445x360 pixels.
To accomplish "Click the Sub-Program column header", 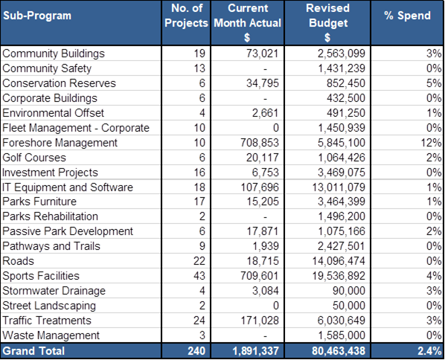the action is (37, 16).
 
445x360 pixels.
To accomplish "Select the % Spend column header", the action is (407, 16).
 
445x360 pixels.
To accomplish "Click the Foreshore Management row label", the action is (60, 142).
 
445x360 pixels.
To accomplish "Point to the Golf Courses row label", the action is (34, 158).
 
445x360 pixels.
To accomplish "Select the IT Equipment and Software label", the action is (68, 187).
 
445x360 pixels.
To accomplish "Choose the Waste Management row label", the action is (51, 335).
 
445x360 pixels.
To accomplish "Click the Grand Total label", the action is (33, 351).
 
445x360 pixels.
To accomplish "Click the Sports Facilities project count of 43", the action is (199, 276).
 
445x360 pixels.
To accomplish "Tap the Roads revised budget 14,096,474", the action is (339, 261).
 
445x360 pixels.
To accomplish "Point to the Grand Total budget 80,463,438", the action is (339, 351).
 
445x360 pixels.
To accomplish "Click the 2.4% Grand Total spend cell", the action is (429, 351).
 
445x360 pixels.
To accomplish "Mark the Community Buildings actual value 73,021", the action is (262, 54).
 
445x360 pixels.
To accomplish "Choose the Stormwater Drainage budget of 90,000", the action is (349, 291).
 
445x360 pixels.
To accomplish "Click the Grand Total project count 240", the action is (196, 351).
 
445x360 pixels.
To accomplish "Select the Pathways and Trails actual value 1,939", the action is (266, 246).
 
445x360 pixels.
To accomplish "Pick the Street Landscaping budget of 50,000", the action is (349, 306).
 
